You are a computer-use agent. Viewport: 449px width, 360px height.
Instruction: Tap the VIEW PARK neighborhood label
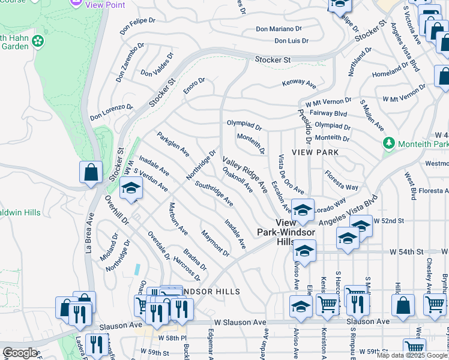315,152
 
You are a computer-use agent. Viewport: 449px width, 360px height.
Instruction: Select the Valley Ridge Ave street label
245,175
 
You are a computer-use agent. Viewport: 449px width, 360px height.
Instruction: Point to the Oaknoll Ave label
238,179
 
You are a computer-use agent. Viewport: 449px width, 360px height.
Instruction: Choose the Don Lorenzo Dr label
112,112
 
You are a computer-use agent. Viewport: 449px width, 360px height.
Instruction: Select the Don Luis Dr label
291,41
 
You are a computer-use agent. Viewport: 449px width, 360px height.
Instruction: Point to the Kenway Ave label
299,85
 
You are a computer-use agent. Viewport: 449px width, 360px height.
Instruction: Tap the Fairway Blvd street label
326,113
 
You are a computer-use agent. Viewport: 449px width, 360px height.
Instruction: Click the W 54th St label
406,251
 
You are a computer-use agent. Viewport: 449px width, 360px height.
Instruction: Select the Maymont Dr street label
215,243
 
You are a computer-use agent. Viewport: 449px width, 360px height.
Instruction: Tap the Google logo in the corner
20,353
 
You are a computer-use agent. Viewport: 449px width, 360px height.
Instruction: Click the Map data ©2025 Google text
411,355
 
